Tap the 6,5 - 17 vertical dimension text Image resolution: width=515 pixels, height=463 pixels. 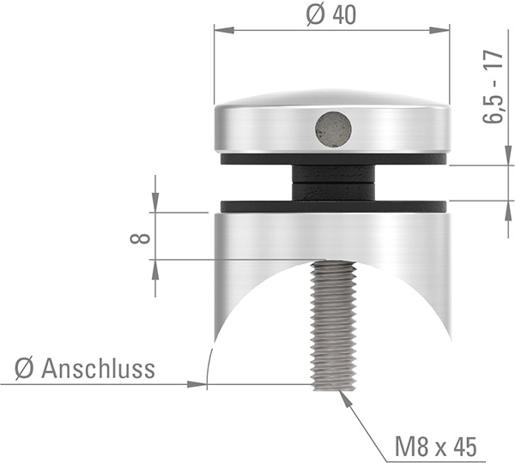(x=492, y=87)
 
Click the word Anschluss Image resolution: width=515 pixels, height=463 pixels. (x=98, y=370)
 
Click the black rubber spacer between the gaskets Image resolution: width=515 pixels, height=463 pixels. (x=333, y=183)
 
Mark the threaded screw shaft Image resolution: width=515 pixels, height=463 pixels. (x=333, y=326)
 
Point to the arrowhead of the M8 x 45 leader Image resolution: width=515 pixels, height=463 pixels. (x=343, y=395)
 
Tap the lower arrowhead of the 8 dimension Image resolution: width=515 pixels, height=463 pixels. (x=155, y=268)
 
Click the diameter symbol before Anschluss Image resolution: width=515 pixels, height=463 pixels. (x=24, y=370)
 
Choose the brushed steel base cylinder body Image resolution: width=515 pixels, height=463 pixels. (x=257, y=249)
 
